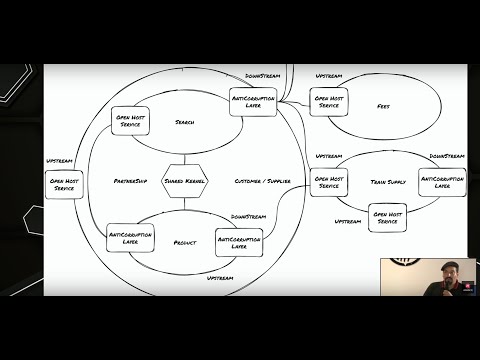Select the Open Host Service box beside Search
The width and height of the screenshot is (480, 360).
click(129, 121)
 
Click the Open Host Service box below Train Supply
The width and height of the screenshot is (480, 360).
click(387, 217)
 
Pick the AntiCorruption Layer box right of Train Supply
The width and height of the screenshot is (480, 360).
click(442, 181)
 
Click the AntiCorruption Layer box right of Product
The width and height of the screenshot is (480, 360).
click(239, 241)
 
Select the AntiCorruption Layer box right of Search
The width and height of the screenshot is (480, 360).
click(252, 102)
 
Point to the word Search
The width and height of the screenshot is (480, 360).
click(185, 122)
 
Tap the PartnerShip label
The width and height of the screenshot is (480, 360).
click(132, 181)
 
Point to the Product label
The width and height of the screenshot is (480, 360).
click(185, 242)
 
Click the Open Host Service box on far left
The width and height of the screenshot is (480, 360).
click(64, 184)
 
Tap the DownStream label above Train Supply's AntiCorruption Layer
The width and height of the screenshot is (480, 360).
click(447, 156)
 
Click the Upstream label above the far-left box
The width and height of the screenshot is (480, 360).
click(59, 161)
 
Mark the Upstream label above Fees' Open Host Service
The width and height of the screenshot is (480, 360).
click(329, 76)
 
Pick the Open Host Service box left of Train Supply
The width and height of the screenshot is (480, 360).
click(329, 181)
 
